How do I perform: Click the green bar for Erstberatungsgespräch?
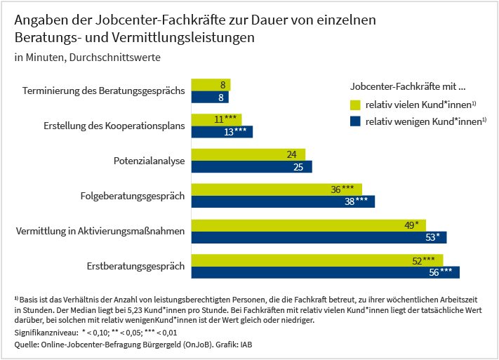316,260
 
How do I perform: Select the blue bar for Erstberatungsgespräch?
324,272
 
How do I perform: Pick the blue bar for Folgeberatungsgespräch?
282,201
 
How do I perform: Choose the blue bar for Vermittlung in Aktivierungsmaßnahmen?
319,236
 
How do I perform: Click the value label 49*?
412,225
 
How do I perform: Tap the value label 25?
298,167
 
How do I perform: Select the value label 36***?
345,189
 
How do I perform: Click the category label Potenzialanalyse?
149,161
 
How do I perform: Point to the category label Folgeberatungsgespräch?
133,196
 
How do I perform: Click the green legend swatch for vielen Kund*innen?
355,105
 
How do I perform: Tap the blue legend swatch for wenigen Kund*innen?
355,121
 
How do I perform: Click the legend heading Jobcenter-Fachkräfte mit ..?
408,87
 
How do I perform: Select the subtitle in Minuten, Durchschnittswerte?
87,57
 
